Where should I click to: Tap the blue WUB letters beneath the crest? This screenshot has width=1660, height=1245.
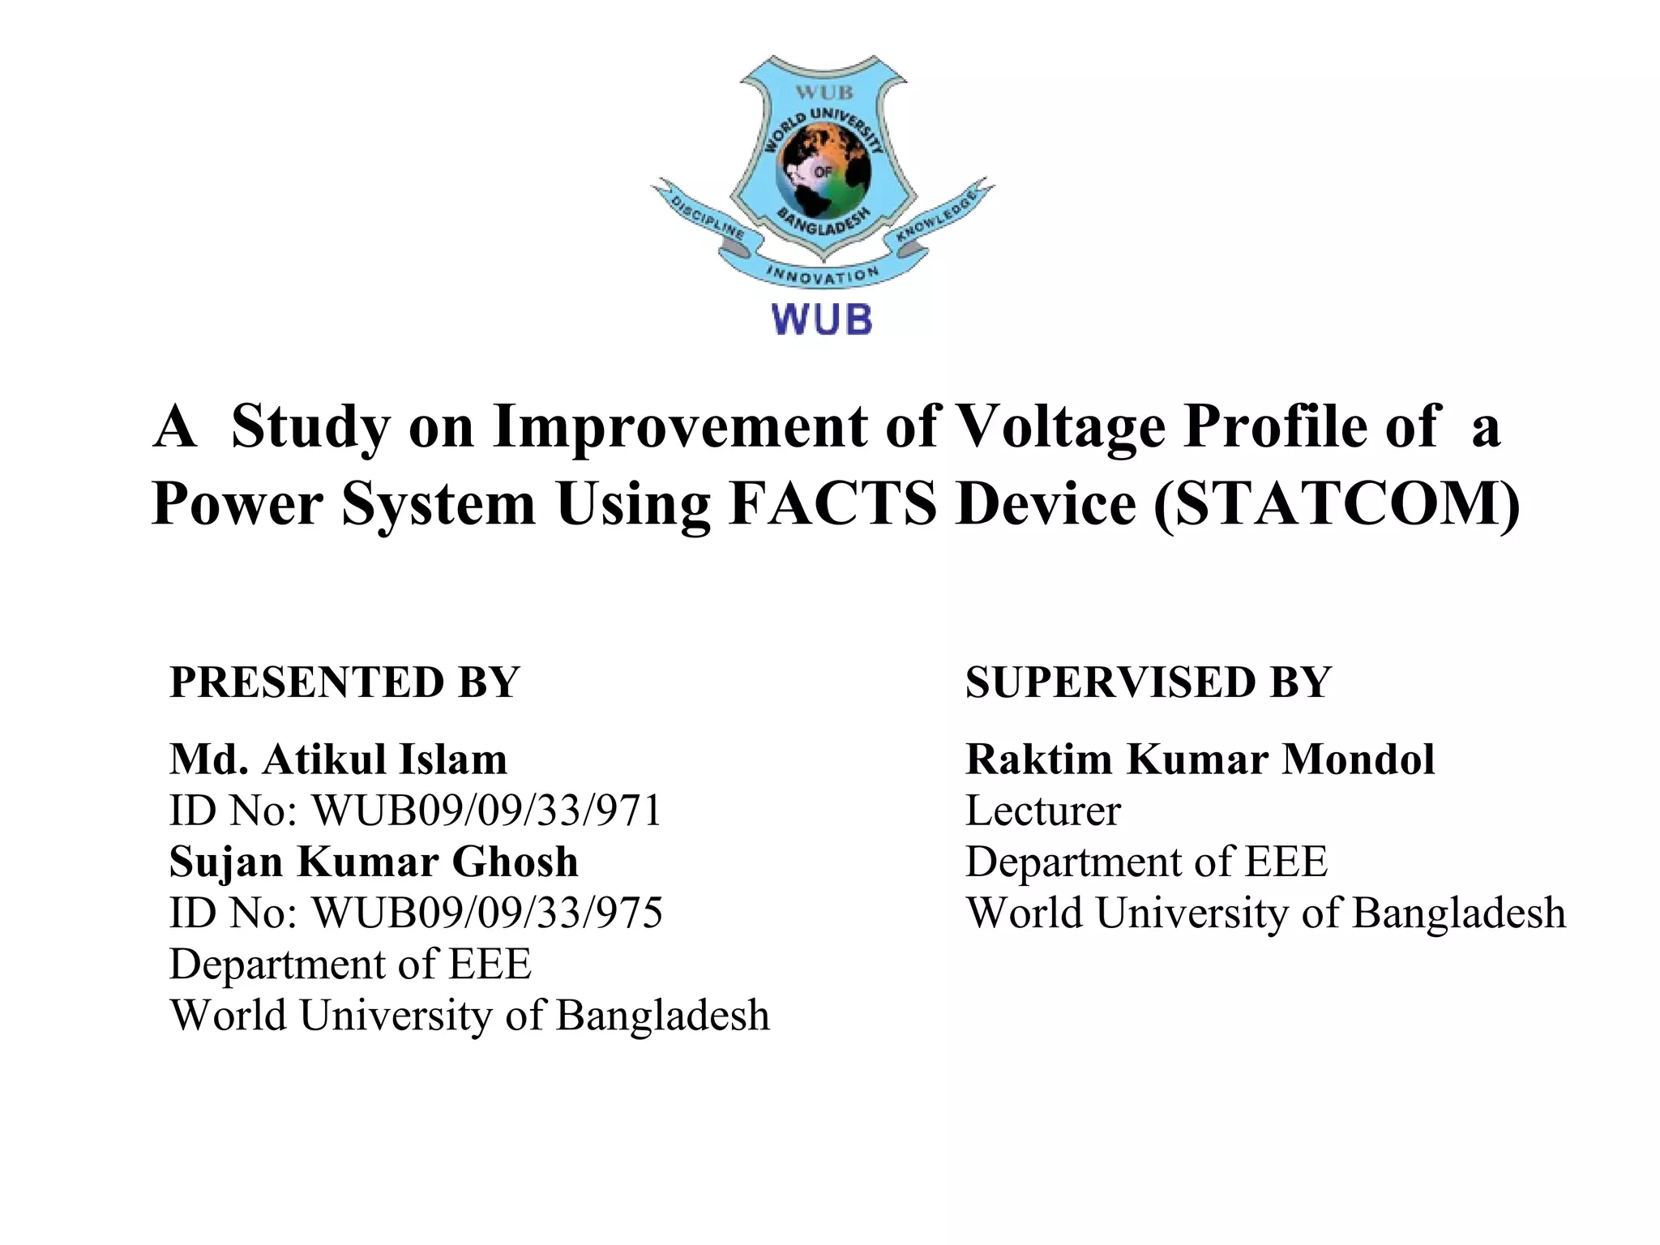822,319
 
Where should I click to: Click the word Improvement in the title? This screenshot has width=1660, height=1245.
680,426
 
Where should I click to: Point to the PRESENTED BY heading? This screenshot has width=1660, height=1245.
344,682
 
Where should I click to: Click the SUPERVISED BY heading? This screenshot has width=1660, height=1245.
1148,682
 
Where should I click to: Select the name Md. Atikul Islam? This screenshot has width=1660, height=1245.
338,760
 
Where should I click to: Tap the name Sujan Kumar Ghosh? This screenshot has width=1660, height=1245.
374,862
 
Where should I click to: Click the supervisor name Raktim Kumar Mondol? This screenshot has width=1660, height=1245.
1200,760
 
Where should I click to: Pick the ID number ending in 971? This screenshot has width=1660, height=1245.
416,811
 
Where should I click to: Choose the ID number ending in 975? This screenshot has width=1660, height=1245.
416,913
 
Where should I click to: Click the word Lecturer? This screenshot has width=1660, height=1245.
1043,811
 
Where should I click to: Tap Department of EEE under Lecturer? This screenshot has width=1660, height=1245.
1146,862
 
